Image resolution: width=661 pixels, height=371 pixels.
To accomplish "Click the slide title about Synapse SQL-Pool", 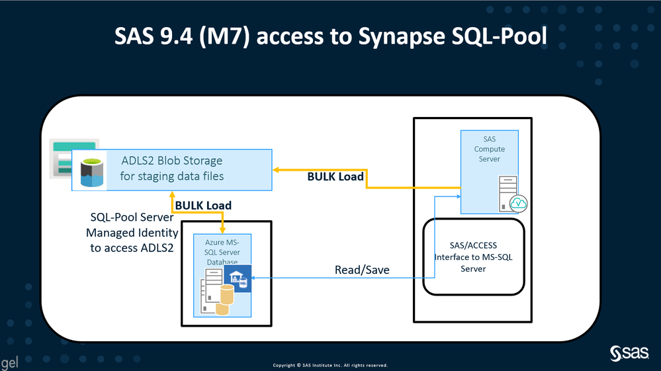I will pos(330,37).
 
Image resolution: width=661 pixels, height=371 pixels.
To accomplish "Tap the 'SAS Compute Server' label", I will pos(489,149).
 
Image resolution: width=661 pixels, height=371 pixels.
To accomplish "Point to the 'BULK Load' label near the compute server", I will pos(335,177).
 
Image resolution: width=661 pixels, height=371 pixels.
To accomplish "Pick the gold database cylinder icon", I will pos(226,300).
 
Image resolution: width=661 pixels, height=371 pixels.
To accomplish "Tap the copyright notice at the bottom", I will pos(330,365).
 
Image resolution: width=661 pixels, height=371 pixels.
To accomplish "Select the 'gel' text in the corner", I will pos(9,362).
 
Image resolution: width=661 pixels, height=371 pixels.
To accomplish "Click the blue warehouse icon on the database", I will pos(236,278).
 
